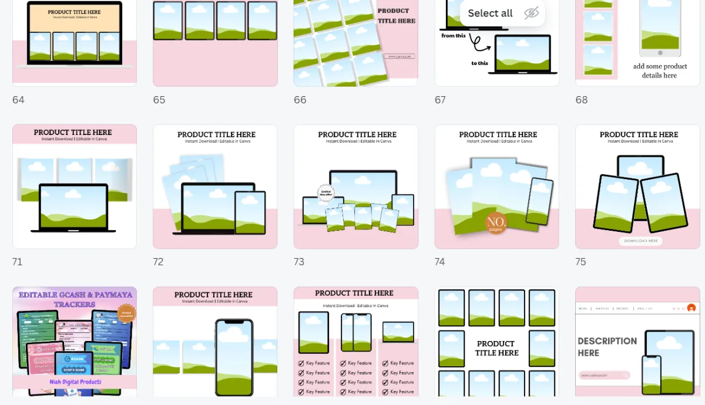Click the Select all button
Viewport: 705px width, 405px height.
(490, 14)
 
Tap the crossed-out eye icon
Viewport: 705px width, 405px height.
(531, 14)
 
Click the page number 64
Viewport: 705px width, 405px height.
(18, 100)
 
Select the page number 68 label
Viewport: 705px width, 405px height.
(582, 100)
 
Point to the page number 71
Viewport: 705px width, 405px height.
(17, 262)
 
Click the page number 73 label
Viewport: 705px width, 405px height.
(299, 262)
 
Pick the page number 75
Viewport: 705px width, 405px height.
(581, 262)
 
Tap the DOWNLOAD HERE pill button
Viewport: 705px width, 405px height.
(640, 241)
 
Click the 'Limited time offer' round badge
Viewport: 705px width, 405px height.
(325, 193)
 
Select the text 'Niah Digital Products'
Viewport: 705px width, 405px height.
(75, 382)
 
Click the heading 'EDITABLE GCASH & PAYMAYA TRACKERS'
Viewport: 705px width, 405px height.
(74, 299)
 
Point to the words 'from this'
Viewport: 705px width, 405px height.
(453, 36)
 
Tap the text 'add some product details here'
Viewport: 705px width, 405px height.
(660, 71)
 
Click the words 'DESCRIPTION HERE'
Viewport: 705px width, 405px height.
(607, 347)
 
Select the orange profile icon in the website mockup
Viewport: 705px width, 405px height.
(691, 308)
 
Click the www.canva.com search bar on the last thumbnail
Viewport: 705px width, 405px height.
(604, 375)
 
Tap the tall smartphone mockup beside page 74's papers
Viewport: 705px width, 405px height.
(539, 201)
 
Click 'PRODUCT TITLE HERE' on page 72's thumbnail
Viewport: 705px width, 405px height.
(216, 134)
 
